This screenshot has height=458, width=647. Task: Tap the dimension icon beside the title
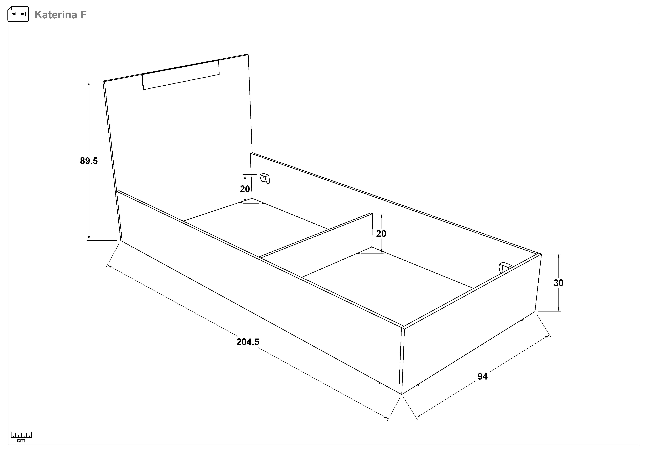tap(18, 14)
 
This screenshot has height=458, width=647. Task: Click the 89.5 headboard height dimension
tap(89, 161)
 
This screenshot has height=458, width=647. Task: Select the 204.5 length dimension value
tap(248, 342)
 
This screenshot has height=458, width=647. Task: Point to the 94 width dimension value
tap(482, 376)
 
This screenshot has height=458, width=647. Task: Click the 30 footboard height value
tap(558, 283)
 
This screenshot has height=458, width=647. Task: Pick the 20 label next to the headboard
tap(245, 189)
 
